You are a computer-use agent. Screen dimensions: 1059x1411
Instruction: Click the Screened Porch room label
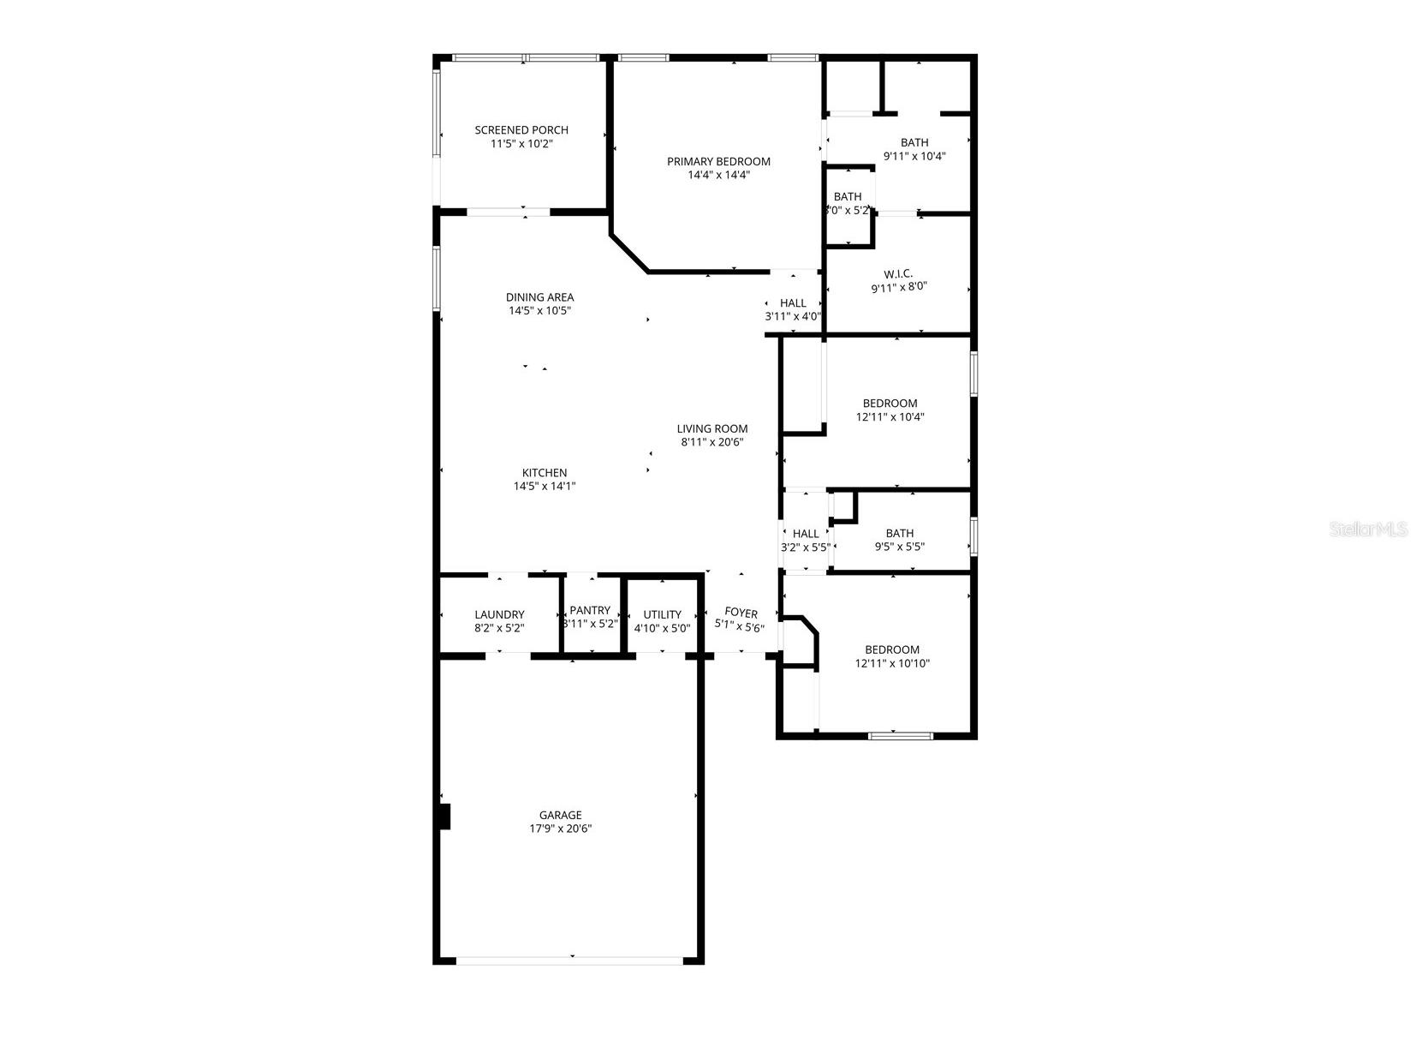tap(521, 130)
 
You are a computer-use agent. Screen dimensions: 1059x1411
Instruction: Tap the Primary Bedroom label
tap(718, 161)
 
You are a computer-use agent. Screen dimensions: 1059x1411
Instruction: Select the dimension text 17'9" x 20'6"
tap(560, 829)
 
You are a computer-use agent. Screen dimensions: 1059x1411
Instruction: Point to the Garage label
tap(560, 815)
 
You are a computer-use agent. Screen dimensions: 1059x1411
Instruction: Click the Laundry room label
tap(499, 614)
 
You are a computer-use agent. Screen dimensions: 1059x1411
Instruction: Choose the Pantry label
tap(590, 610)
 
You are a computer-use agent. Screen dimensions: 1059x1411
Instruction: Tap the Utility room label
tap(662, 614)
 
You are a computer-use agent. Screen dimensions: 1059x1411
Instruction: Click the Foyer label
tap(741, 613)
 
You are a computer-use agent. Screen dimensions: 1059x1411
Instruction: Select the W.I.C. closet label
tap(898, 274)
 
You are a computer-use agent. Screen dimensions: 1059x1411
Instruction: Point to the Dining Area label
tap(539, 297)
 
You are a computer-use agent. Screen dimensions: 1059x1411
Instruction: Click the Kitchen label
tap(545, 472)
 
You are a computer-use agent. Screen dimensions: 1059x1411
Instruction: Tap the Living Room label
tap(712, 428)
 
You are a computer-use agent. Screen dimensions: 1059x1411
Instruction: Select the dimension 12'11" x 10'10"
tap(892, 663)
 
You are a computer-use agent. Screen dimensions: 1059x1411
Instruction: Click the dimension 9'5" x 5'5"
tap(899, 547)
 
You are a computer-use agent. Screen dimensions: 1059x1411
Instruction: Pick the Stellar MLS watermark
tap(1368, 530)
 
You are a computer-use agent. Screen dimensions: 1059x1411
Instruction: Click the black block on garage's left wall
tap(444, 817)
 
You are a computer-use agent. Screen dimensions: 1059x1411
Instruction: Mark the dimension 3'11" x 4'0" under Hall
tap(793, 316)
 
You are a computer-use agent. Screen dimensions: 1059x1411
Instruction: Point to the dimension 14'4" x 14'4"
tap(718, 175)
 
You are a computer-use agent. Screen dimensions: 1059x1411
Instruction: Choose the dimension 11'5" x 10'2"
tap(521, 144)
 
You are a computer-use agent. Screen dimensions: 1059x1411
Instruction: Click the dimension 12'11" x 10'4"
tap(890, 417)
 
